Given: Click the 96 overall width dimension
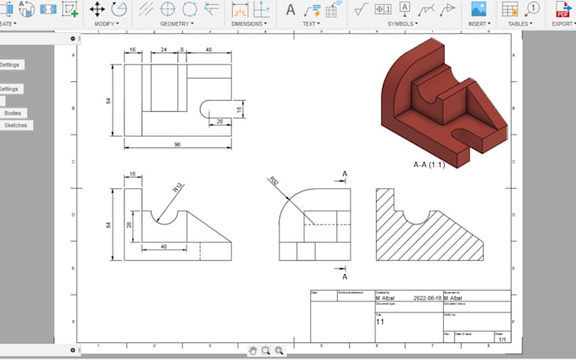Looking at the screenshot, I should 177,145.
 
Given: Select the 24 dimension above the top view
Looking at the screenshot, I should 163,50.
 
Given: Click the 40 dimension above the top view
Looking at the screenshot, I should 208,50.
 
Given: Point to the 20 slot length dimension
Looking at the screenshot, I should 219,121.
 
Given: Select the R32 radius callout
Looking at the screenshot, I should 274,180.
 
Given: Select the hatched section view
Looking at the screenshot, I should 429,224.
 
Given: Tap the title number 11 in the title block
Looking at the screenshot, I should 380,322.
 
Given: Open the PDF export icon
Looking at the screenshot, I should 562,9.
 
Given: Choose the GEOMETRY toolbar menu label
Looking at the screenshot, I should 177,24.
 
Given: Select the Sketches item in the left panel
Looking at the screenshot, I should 15,125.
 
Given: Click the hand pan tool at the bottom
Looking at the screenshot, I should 252,350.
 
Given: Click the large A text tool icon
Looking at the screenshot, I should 291,9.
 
